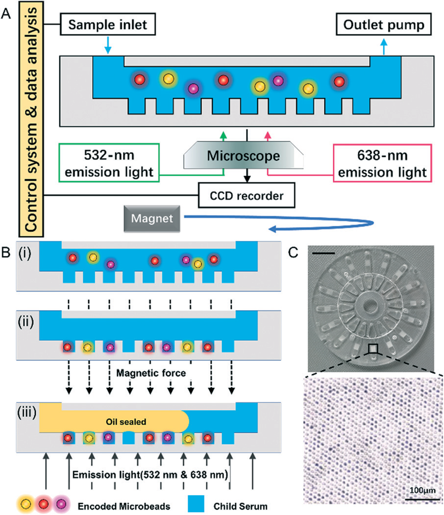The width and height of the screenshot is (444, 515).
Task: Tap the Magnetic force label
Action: tap(150, 373)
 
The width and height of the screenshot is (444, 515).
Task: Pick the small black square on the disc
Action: tap(373, 348)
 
